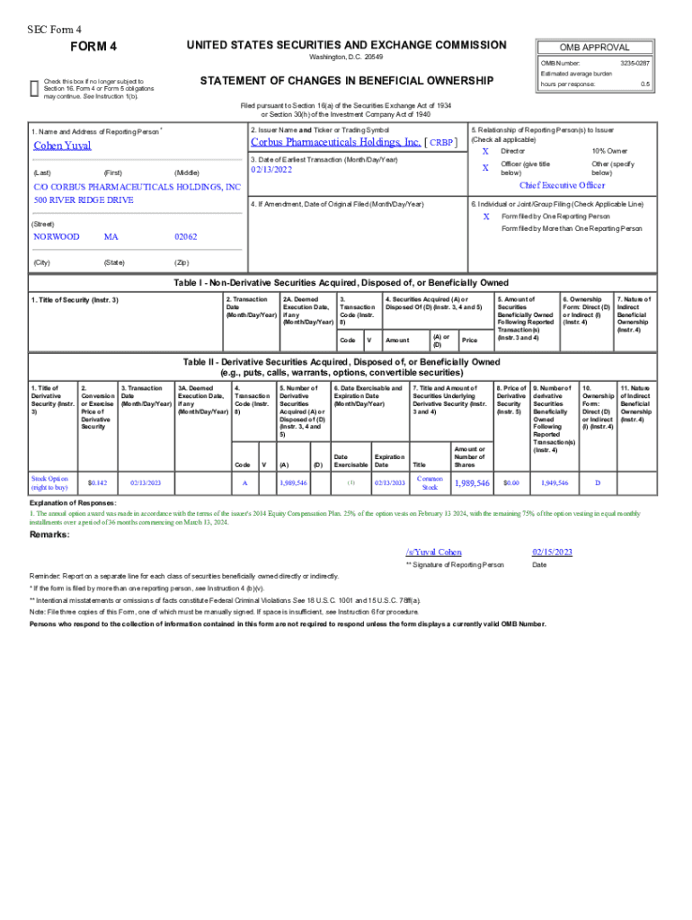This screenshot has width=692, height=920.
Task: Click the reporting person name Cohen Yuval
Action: (x=62, y=146)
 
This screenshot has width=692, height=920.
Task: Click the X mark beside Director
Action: (x=486, y=151)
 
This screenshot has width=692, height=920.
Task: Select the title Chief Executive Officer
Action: (x=563, y=185)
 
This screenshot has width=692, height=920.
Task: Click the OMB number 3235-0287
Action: (x=634, y=63)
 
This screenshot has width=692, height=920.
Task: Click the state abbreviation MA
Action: (x=111, y=237)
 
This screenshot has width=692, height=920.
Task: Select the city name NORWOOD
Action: (x=56, y=237)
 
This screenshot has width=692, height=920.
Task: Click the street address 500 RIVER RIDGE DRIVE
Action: (x=84, y=199)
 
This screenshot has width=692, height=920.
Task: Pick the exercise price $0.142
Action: (x=97, y=482)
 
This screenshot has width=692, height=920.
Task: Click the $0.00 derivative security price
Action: (x=511, y=482)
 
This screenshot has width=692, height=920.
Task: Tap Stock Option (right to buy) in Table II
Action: (x=49, y=482)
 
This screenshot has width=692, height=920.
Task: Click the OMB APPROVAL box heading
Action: (x=594, y=48)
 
